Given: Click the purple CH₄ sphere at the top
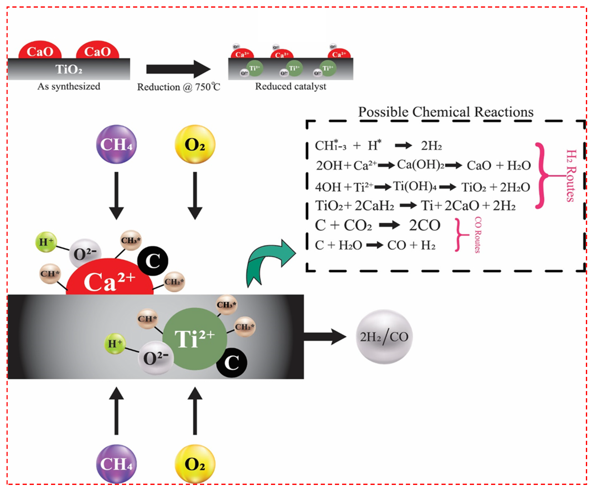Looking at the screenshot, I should (x=116, y=144).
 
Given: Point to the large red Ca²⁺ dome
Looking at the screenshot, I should (x=110, y=278).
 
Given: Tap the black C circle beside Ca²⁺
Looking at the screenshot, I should (x=153, y=261).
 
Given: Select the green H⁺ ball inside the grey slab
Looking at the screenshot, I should (x=114, y=343).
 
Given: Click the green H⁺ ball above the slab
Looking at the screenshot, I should (x=46, y=242).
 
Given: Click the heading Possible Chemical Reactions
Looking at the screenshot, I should (x=446, y=112).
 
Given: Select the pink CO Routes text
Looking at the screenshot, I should (x=477, y=235).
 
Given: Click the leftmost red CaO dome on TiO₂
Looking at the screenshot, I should (x=40, y=50).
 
